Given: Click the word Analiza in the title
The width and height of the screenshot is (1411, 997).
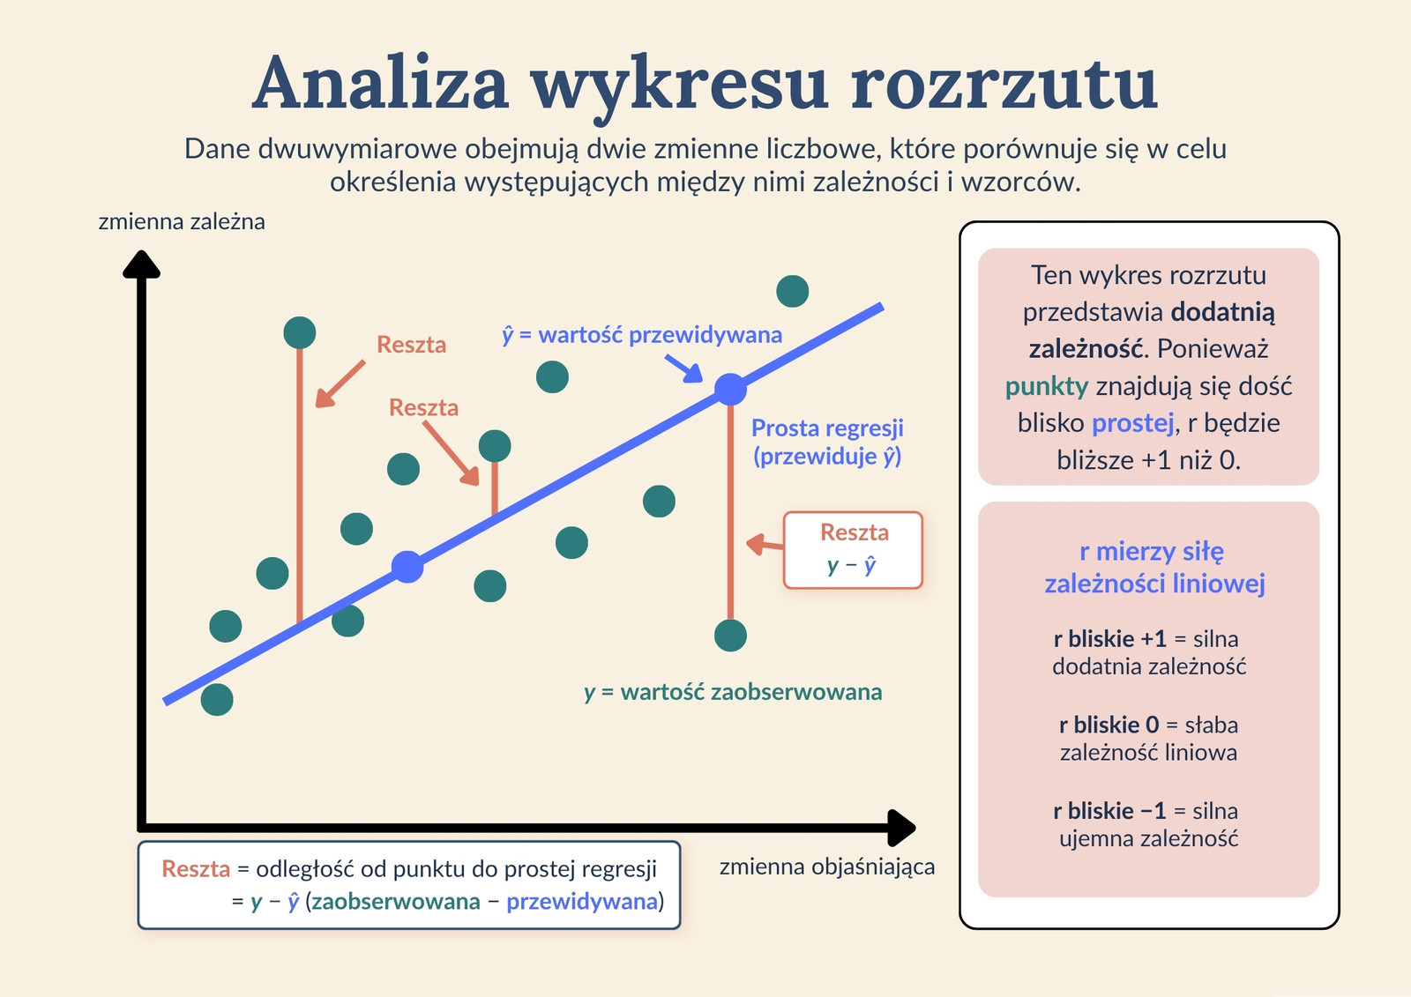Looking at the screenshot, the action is [x=380, y=84].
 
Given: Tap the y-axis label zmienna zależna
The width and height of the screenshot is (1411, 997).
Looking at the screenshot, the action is [x=182, y=221].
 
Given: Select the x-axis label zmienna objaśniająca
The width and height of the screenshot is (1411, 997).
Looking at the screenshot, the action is [x=827, y=867].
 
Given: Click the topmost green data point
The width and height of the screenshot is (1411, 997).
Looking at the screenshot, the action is [x=793, y=291].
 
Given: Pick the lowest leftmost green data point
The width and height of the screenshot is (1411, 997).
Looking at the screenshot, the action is [x=217, y=699].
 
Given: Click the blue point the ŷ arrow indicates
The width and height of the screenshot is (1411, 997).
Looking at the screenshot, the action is [x=731, y=390].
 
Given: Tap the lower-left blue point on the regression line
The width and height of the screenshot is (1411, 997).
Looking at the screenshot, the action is [x=407, y=567].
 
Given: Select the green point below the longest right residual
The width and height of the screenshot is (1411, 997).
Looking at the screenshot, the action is [x=731, y=635].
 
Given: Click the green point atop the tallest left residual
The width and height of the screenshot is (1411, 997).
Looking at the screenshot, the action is [x=300, y=332].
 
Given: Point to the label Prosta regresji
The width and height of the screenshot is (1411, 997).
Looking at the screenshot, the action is [x=827, y=428].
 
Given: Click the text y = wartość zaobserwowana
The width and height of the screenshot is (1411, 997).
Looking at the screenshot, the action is [x=733, y=692].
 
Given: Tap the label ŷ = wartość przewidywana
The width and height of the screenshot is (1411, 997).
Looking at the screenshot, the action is [x=642, y=335].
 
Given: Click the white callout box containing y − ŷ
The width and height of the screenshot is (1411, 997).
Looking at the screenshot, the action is [x=853, y=550].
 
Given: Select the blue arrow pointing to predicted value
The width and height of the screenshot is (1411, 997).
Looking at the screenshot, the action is [x=683, y=368].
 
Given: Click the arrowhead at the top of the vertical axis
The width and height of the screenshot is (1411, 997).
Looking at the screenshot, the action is [x=141, y=264].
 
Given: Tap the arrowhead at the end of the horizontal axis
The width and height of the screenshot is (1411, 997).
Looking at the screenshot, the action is [x=901, y=828].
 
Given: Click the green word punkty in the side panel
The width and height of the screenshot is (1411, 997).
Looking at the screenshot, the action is [x=1046, y=386].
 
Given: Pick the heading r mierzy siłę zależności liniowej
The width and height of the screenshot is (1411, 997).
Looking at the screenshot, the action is [x=1154, y=568].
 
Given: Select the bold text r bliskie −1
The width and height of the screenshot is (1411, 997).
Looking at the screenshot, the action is [x=1109, y=811].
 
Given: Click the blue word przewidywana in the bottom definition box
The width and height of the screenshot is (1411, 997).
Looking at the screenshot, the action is [x=582, y=902].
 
